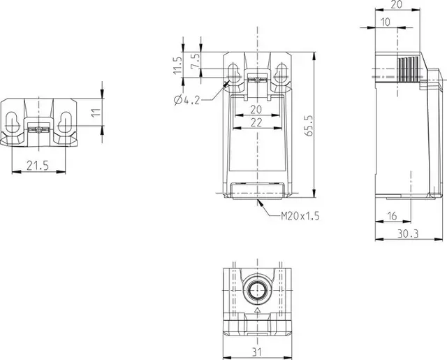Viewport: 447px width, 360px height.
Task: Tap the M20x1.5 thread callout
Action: tap(300, 216)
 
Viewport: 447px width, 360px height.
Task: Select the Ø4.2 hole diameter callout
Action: tap(186, 100)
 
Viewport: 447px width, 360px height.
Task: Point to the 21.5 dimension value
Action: tap(38, 166)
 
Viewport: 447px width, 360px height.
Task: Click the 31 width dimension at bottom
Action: tap(257, 352)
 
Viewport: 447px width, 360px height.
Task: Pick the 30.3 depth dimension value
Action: tap(408, 234)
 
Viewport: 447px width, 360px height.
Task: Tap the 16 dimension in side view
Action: tap(393, 216)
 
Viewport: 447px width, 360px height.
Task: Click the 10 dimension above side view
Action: tap(386, 22)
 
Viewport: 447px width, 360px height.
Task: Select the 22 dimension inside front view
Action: tap(256, 122)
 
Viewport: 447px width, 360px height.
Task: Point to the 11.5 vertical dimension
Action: tap(177, 65)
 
